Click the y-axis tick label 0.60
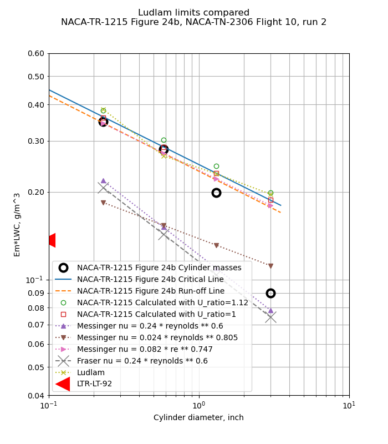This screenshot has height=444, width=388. pos(36,53)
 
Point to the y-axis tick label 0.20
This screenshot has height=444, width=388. pos(36,192)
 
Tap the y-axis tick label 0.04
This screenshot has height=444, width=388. pos(36,395)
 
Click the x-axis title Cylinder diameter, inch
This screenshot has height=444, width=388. pos(198,417)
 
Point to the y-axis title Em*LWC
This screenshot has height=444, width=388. pos(17,224)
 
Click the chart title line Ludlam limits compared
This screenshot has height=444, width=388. pos(193,13)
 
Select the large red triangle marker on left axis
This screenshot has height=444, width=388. pos(50,240)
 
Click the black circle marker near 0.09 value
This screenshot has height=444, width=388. pos(270,293)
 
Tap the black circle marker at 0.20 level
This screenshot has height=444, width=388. pos(216,193)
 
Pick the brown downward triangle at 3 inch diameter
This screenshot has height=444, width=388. pos(270,266)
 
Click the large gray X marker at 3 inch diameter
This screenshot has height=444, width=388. pos(270,317)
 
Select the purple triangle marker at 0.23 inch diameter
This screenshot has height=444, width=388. pos(103,181)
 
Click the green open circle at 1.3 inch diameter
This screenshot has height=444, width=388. pos(216,166)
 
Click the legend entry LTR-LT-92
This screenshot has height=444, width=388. pos(94,384)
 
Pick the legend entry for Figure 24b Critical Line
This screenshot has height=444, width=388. pos(150,279)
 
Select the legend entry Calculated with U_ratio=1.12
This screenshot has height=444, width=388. pos(164,302)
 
